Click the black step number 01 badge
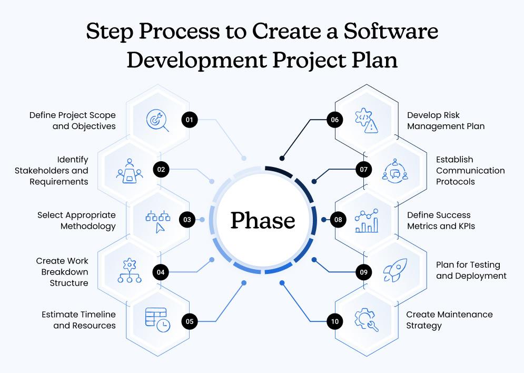[x=189, y=120]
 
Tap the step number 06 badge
[x=334, y=120]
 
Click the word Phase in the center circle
[x=263, y=220]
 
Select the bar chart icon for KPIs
[x=367, y=220]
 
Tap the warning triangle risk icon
[x=367, y=120]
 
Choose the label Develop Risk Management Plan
[x=446, y=121]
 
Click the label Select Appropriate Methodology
[x=76, y=221]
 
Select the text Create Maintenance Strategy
[x=449, y=320]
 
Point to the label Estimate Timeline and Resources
[x=78, y=320]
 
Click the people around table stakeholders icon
[x=128, y=170]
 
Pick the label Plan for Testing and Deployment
[x=471, y=270]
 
